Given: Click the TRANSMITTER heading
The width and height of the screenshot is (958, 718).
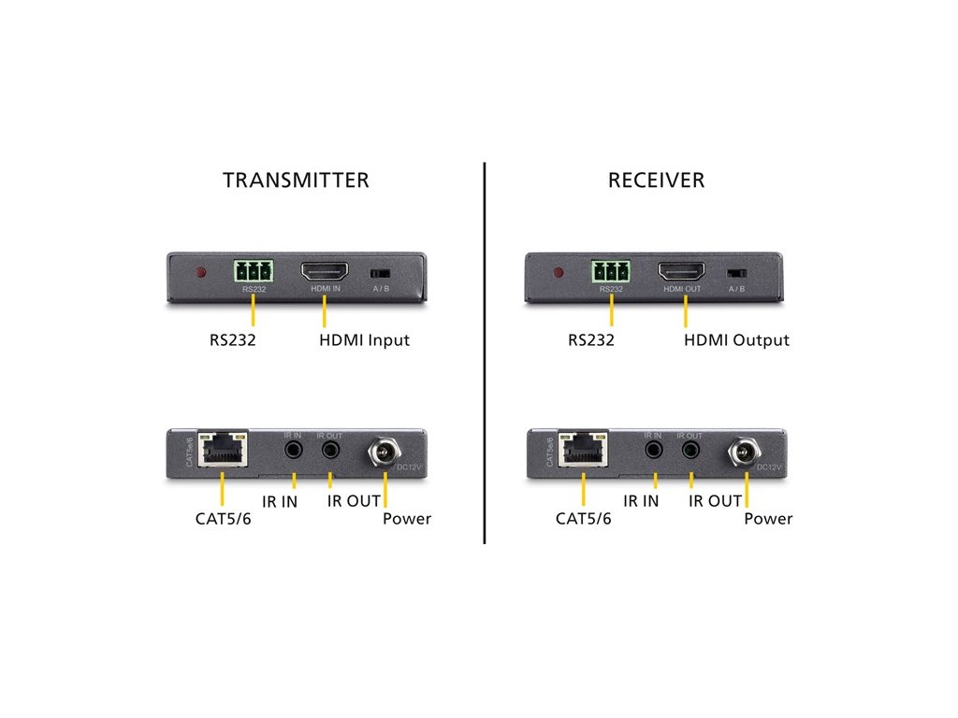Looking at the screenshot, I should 296,179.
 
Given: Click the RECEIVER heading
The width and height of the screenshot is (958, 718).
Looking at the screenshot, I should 656,179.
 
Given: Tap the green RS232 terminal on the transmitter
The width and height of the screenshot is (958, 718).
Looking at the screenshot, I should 253,272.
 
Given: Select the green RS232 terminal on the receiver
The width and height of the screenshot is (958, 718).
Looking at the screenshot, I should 610,272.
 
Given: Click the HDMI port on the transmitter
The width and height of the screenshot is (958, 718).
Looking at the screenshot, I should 325,272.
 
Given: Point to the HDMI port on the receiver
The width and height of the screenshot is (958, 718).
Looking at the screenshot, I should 681,272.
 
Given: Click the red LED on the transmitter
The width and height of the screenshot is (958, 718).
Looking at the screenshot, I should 199,274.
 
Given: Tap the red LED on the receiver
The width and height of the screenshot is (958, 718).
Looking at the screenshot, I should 559,274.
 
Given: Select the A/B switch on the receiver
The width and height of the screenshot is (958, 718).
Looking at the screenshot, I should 735,274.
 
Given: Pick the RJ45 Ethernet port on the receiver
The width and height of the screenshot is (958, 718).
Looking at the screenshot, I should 583,449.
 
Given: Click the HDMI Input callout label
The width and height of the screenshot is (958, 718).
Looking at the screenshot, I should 364,340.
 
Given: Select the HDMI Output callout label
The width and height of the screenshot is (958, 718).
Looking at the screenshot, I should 736,340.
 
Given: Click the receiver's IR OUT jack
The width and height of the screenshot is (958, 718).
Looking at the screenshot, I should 690,450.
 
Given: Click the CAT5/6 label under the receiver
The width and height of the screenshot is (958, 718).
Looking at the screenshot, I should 583,518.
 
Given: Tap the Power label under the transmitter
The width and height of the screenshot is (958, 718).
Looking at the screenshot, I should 407,518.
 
